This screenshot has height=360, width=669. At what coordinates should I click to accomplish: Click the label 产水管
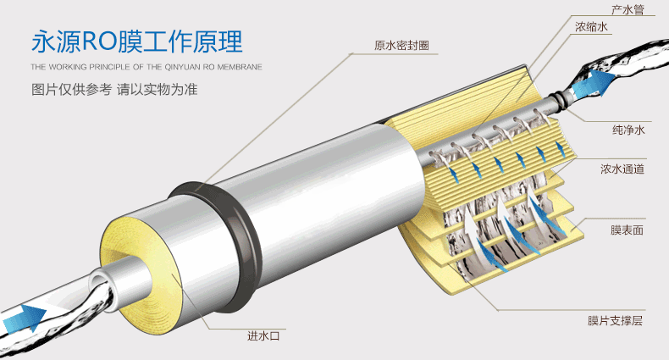628,10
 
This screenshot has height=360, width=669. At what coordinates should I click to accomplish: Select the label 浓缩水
591,27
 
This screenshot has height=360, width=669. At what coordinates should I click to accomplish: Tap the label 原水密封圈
401,45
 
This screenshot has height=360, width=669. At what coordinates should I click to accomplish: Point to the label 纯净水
628,130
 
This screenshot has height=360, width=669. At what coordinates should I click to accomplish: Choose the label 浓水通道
622,169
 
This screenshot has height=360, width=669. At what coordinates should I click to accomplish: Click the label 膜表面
627,230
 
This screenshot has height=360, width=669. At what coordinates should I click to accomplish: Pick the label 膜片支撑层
615,320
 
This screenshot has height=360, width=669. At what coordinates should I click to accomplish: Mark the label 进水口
263,335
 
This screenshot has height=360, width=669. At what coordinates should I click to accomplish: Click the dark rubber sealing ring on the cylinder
217,243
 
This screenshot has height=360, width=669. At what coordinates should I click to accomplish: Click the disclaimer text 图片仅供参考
71,90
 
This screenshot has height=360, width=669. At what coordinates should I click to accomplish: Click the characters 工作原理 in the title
201,42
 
